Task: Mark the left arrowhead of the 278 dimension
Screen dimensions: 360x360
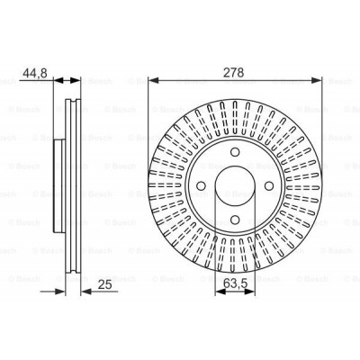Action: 149,78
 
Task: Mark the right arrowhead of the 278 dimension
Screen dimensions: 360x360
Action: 318,78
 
